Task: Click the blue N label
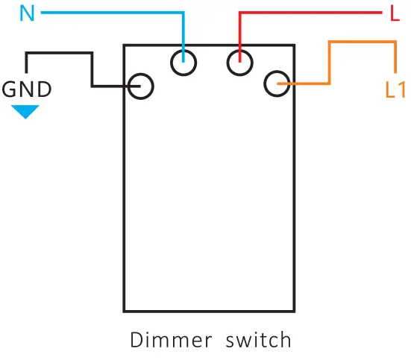coord(27,15)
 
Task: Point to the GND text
coord(28,90)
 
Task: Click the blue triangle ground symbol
coord(26,112)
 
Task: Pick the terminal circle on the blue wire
coord(183,63)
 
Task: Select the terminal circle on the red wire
coord(240,63)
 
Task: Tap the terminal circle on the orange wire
coord(277,84)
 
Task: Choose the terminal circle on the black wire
coord(141,86)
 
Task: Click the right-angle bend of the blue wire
coord(183,13)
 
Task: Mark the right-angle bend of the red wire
coord(240,13)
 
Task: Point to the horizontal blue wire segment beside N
coord(112,13)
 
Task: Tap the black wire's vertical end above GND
coord(28,63)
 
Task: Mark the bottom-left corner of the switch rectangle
coord(125,311)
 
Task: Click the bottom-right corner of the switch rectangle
coord(294,311)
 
